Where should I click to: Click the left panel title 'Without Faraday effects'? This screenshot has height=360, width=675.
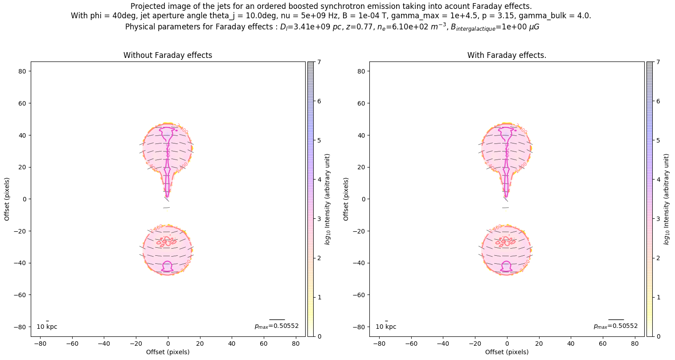[168, 55]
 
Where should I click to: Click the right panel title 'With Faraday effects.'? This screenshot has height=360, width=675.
[507, 55]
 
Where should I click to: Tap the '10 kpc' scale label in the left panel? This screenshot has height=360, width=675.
[47, 327]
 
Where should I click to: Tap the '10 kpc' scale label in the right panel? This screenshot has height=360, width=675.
[386, 327]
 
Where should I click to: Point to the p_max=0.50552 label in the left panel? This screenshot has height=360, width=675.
[277, 326]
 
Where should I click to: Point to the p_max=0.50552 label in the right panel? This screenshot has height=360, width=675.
[616, 326]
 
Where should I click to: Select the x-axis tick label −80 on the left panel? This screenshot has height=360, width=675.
[40, 344]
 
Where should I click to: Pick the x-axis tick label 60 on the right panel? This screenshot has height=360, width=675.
[603, 344]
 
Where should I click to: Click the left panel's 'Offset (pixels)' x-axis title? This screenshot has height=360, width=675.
[168, 352]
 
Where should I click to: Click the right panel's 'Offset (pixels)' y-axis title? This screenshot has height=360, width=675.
[346, 199]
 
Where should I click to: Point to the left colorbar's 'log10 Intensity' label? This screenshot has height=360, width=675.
[328, 199]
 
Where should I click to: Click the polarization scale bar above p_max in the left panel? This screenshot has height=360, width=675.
[277, 319]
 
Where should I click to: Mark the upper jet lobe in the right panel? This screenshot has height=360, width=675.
[507, 147]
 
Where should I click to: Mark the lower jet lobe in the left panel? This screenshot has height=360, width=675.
[168, 250]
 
